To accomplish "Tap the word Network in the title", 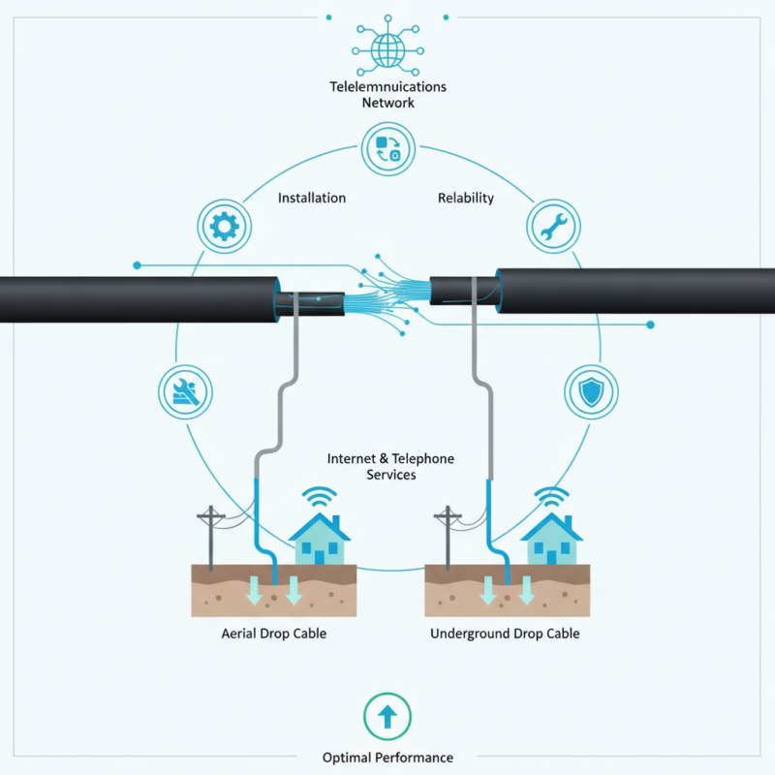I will pos(387,102).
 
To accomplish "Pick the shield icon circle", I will pos(590,392).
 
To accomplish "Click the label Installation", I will pos(312,198).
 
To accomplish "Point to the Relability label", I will pos(466,198).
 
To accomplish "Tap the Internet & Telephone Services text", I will pos(390,466).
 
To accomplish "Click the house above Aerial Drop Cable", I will pos(320,541).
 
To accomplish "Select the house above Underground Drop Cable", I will pos(551,541).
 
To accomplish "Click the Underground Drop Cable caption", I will pos(505,634).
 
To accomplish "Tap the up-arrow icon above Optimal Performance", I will pos(387,717).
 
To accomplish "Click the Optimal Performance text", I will pos(387,757).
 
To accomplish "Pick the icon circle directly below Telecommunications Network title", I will pos(387,148).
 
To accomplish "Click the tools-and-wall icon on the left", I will pos(184,392).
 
